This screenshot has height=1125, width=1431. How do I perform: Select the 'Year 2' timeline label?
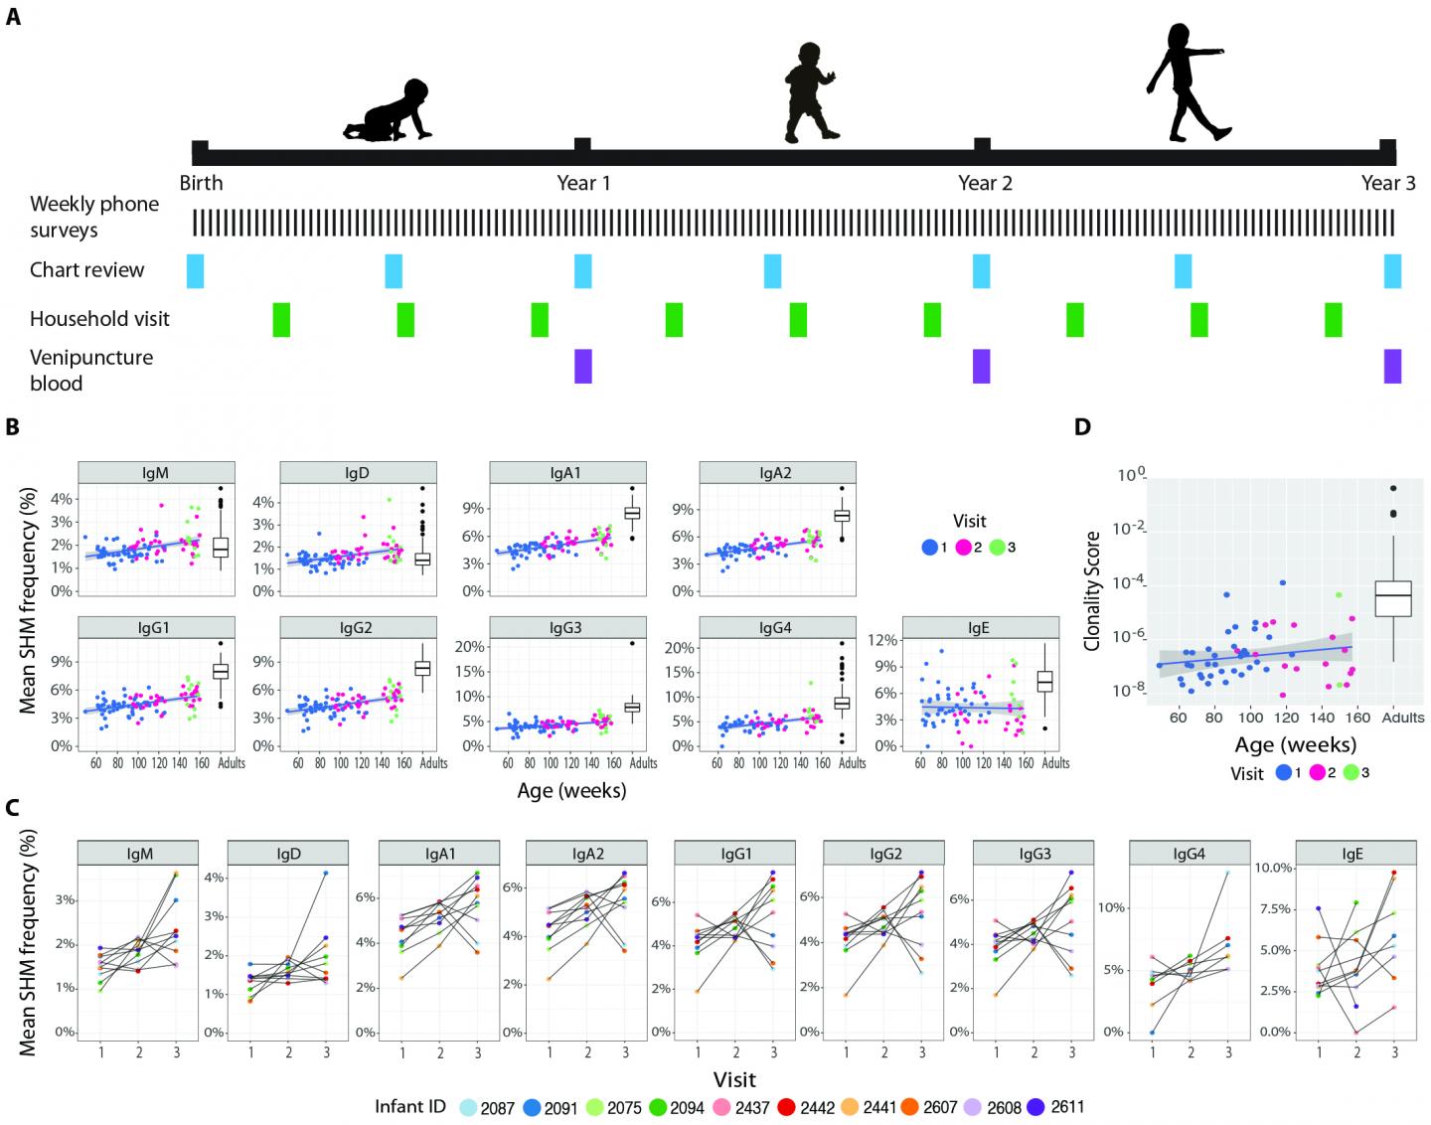tap(985, 183)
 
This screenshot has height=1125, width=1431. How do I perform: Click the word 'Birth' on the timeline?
tap(202, 183)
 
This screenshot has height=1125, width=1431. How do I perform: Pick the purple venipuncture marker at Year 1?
tap(583, 366)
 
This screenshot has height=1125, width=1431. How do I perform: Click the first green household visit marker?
tap(281, 319)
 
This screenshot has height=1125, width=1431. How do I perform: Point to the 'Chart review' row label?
tap(86, 270)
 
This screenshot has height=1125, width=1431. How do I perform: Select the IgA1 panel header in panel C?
tap(437, 853)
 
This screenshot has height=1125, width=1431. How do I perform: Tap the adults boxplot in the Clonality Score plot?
tap(1393, 596)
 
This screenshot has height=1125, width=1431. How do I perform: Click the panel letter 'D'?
tap(1082, 427)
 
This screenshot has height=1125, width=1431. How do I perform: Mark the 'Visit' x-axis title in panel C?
tap(734, 1078)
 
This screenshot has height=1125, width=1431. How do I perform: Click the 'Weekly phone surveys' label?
tap(93, 217)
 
